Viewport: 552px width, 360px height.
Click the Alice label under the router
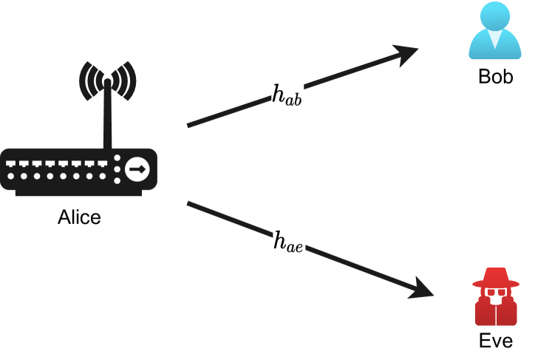click(x=79, y=217)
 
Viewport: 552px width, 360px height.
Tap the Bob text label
click(x=495, y=76)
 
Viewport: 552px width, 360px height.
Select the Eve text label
click(x=495, y=341)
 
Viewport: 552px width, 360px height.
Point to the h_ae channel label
click(x=288, y=240)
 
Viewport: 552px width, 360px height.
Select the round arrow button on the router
click(x=137, y=169)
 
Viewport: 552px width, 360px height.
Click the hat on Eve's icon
click(x=496, y=278)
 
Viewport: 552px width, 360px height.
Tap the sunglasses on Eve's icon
click(x=496, y=293)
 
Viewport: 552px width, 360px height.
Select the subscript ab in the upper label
click(x=294, y=98)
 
